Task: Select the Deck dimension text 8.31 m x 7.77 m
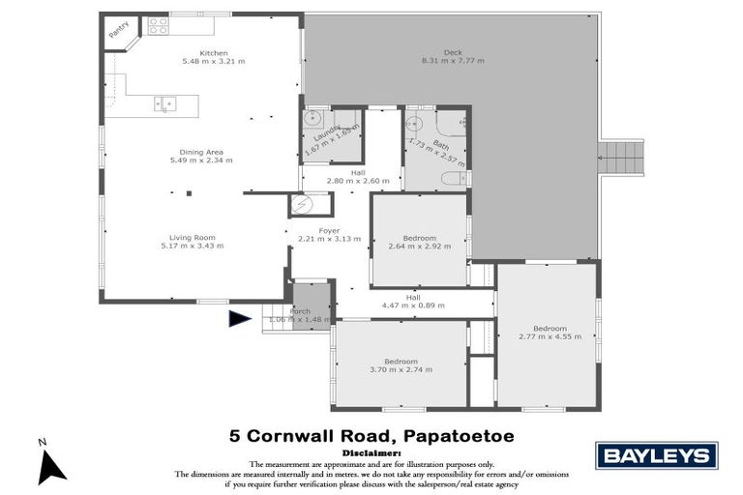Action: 453,61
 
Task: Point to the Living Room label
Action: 193,237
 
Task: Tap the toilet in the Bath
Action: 454,178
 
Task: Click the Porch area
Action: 312,311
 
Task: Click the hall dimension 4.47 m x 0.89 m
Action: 413,306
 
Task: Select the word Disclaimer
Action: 371,452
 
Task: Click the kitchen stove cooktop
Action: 158,24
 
